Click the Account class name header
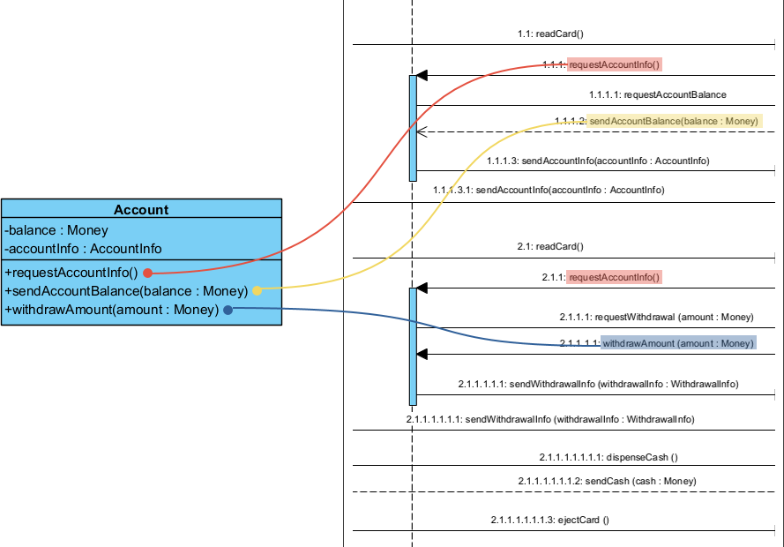141,209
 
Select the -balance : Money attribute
56,229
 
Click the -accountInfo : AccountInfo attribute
83,248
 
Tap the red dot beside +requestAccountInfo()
147,272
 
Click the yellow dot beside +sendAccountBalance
257,290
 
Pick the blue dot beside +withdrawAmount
228,310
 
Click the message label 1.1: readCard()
550,34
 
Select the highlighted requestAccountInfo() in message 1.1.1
615,64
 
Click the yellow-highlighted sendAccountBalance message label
675,120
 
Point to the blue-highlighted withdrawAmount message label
677,343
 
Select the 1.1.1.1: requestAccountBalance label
658,94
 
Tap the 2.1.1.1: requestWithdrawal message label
656,316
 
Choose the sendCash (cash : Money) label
607,481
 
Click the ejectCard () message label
549,520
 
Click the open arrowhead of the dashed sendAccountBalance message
422,131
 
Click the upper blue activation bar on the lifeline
413,128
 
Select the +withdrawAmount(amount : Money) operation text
111,310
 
